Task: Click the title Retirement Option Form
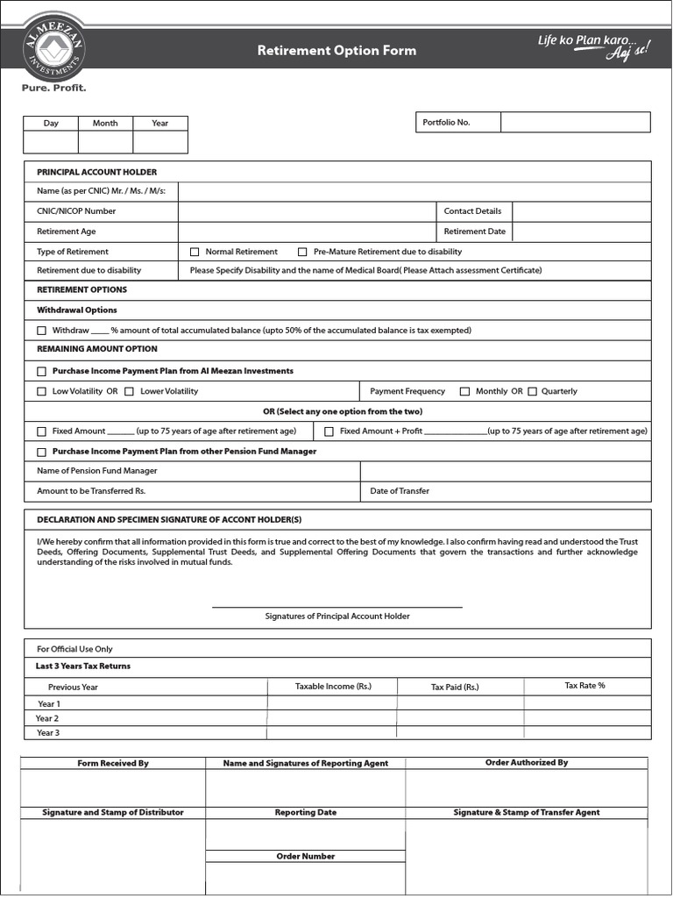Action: pos(336,51)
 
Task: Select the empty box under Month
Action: pos(105,142)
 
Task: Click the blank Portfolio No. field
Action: pos(575,122)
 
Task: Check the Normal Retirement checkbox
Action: pos(195,252)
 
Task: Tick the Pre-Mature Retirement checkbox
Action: pos(303,252)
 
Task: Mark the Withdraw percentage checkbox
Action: pos(41,331)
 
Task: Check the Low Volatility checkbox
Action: pos(41,391)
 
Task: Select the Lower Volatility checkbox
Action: pos(129,391)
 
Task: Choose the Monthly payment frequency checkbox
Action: pos(464,391)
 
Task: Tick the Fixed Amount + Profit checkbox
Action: pos(329,431)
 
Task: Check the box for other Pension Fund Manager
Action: pos(41,452)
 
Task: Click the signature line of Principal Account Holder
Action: pos(336,606)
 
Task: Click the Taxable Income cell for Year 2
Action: pos(332,718)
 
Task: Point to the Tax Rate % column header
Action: pos(584,686)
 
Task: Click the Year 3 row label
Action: pos(48,732)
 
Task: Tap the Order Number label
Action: pos(305,856)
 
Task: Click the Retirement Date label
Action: pos(474,232)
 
